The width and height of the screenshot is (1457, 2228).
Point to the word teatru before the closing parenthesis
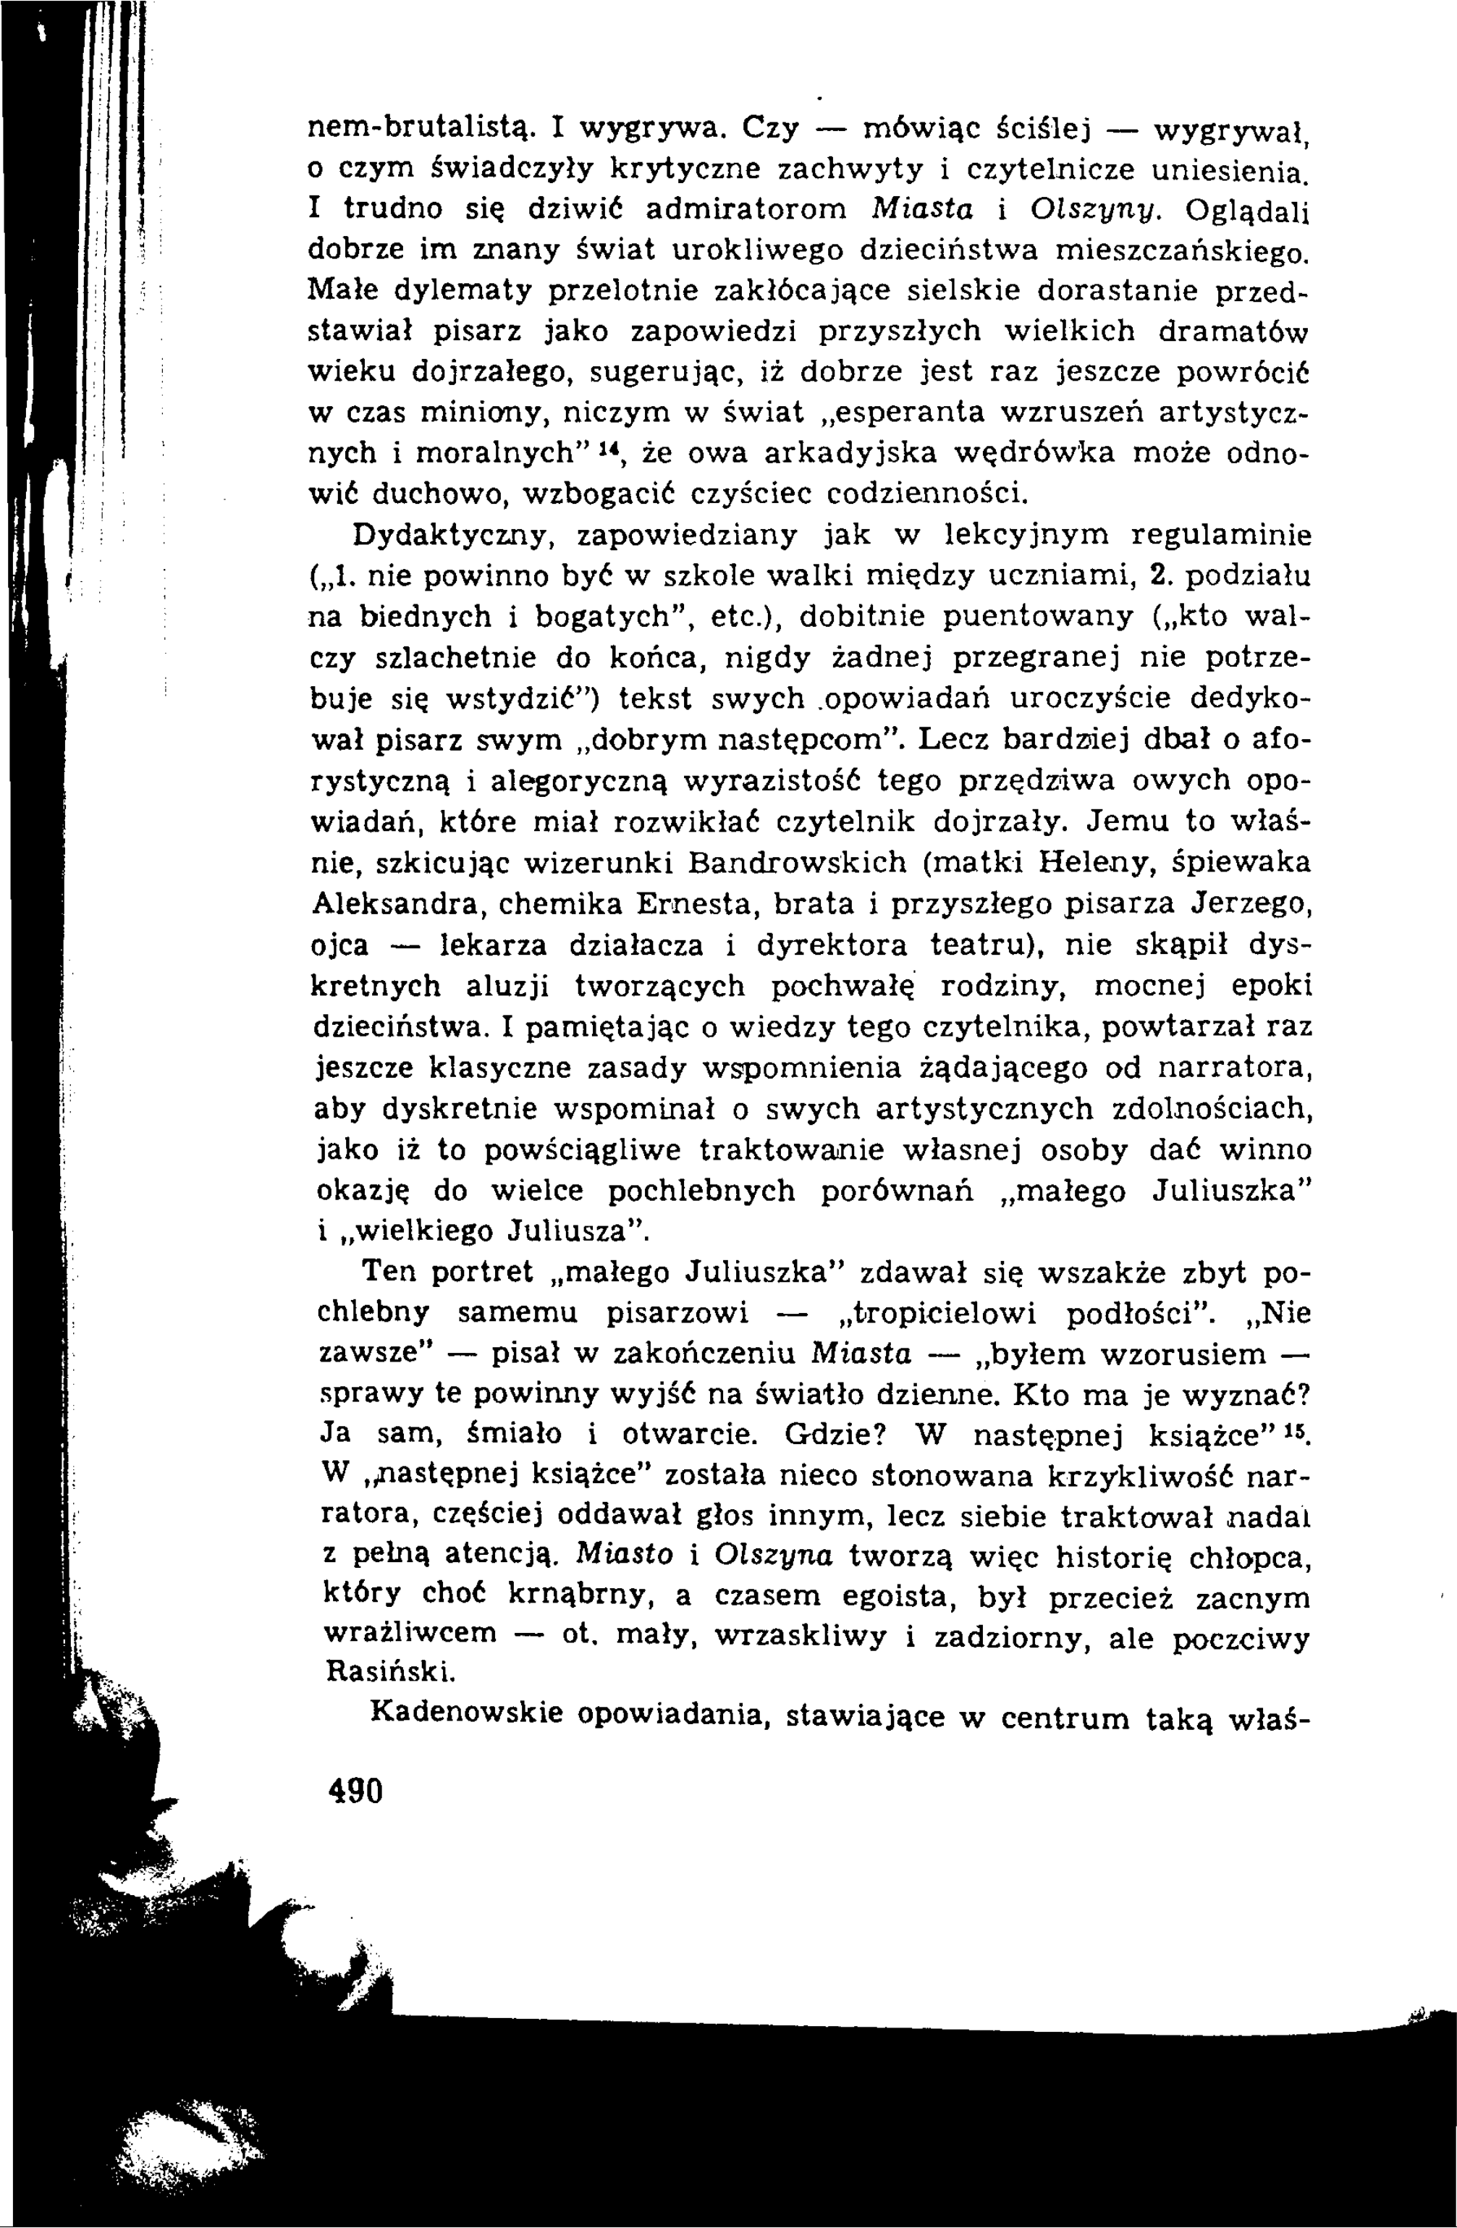coord(984,945)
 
